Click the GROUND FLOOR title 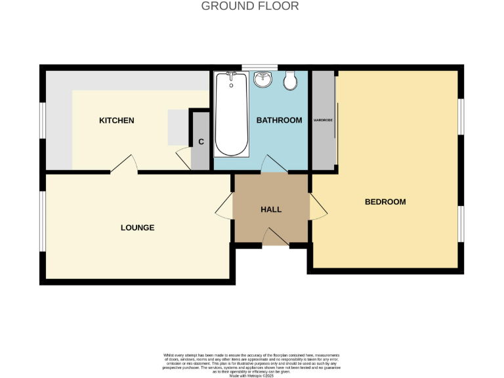coord(249,6)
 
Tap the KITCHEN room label coord(116,121)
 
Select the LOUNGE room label coord(137,228)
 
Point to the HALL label coord(271,209)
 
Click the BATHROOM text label coord(279,120)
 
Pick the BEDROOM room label coord(385,202)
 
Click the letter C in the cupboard coord(201,142)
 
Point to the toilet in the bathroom coord(291,80)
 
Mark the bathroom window coord(259,67)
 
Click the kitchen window coord(43,121)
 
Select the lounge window coord(43,221)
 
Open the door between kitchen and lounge coord(124,165)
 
